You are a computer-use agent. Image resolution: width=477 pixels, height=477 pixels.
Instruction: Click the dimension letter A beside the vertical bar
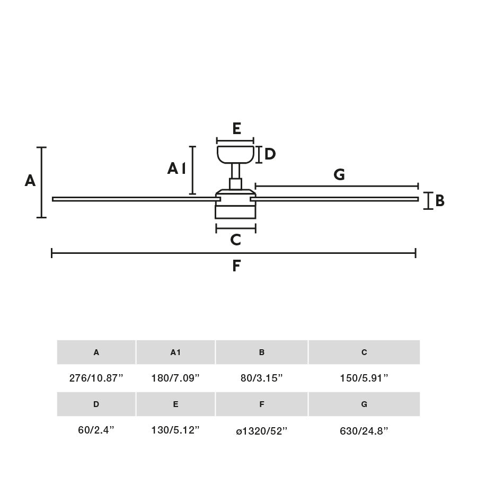pos(30,181)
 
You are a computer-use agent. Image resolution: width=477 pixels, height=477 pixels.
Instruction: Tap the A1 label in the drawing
pos(176,169)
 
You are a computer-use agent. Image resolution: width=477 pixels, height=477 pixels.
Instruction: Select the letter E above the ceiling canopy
pos(236,129)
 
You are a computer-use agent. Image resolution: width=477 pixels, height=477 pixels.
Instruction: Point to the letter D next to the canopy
pos(270,154)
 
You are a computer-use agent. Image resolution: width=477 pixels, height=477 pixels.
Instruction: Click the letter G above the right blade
pos(339,174)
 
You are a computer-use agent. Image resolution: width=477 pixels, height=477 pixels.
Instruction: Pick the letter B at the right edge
pos(440,201)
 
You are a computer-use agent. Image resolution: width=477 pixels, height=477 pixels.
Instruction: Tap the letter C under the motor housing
pos(236,240)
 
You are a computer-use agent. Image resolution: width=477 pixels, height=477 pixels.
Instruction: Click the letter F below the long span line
pos(236,266)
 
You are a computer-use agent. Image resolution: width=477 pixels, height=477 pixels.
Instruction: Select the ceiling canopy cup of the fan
pos(235,154)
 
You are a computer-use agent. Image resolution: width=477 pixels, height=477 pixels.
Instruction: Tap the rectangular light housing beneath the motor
pos(235,211)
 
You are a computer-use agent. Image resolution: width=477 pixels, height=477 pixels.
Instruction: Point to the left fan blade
pos(132,199)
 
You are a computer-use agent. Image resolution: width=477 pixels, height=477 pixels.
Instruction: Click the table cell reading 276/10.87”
pos(96,378)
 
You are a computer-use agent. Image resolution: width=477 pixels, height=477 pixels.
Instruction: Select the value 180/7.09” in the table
pos(175,378)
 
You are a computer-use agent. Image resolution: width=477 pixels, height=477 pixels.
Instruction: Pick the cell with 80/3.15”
pos(262,378)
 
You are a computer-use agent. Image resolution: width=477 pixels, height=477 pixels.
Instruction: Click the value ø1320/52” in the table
pos(262,431)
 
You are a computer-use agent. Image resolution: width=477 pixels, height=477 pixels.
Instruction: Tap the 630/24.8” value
pos(364,431)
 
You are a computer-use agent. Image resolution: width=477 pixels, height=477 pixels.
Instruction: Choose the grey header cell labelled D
pos(96,404)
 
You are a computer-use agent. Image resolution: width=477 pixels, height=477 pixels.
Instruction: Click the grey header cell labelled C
pos(364,352)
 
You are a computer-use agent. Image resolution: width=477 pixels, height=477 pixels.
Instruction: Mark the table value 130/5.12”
pos(175,430)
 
